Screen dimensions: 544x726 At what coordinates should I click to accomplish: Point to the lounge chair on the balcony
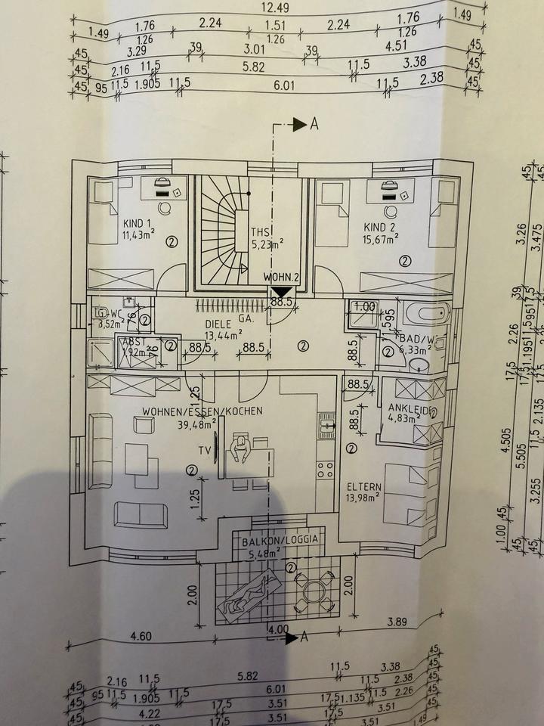(x=249, y=594)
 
